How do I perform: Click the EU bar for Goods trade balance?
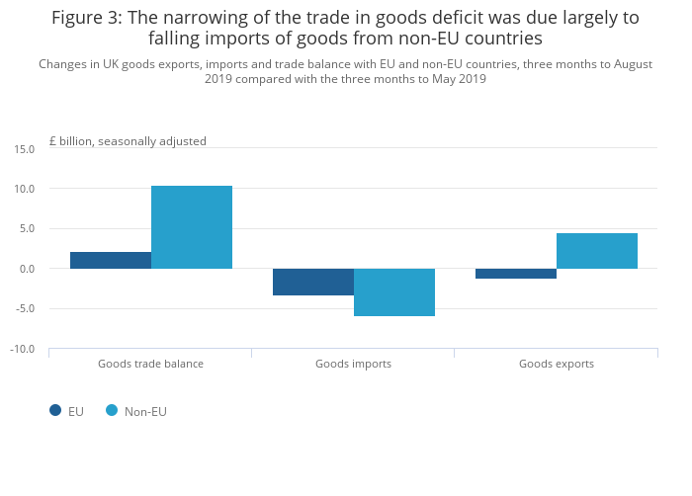coord(111,260)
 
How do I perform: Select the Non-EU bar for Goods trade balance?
coord(192,227)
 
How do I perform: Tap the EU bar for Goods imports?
coord(313,282)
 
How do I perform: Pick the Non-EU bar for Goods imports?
coord(394,292)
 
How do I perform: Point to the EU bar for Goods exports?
coord(516,274)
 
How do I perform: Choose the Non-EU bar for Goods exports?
coord(597,251)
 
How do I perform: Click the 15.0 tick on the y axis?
coord(25,148)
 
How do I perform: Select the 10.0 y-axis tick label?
coord(25,189)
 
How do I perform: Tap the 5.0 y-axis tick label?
coord(27,228)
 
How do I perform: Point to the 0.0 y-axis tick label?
coord(27,269)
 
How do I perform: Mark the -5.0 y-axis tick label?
coord(25,308)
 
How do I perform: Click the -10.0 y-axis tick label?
coord(23,349)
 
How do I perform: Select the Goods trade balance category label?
coord(150,364)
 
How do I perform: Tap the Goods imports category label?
coord(353,364)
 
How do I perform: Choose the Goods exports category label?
coord(557,364)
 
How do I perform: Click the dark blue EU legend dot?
coord(55,410)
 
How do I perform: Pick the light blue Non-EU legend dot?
coord(112,410)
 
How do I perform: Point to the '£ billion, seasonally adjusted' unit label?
coord(128,141)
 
